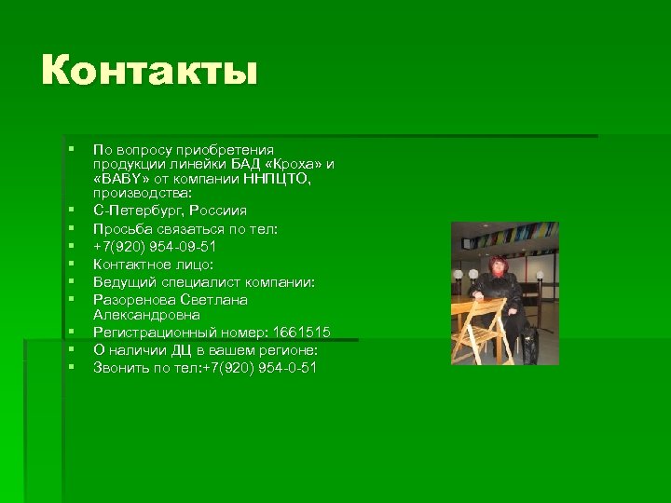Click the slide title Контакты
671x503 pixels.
[148, 71]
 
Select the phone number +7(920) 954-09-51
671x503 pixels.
[155, 246]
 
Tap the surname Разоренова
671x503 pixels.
[135, 300]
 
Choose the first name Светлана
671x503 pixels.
[214, 300]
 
